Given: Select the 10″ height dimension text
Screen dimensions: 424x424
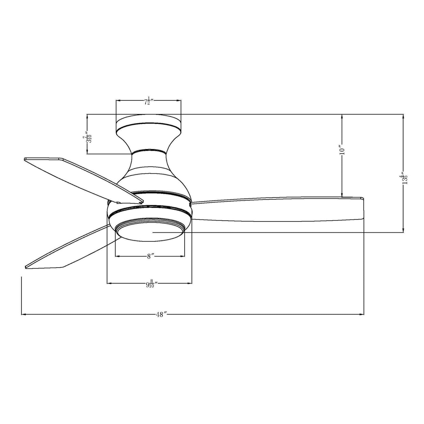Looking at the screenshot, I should (x=342, y=150).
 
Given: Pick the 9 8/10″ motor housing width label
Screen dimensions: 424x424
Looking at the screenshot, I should (x=151, y=284).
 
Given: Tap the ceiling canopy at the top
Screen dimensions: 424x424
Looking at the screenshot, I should (x=148, y=125).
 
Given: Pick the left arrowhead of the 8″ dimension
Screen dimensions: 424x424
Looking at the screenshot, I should (x=117, y=256).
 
